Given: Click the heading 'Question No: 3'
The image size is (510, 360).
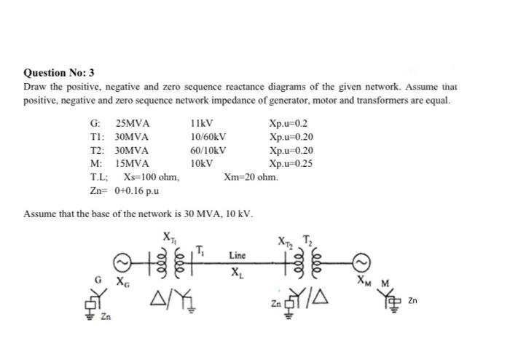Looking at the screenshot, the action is (x=59, y=73).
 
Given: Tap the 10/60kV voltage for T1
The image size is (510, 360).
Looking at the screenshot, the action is (x=208, y=137).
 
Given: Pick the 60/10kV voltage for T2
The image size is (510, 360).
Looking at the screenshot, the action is (x=208, y=150).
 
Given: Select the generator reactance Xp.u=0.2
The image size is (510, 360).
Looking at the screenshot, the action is (x=288, y=124).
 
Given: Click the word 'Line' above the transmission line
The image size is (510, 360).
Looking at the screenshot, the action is (x=237, y=256).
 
